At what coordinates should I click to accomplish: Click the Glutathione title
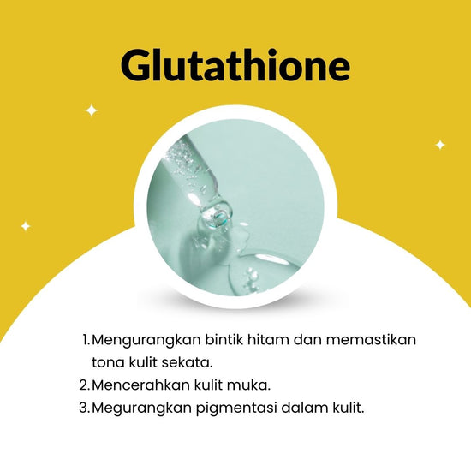coord(235,66)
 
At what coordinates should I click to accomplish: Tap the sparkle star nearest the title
coord(92,110)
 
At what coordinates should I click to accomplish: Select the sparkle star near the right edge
coord(440,145)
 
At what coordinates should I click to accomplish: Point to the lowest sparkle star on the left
coord(26,226)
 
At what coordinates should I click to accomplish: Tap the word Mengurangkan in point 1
coord(146,341)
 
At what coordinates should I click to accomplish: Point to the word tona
coord(108,362)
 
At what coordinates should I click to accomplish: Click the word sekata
coord(188,362)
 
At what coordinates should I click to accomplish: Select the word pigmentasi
coord(236,408)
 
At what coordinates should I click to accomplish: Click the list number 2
coord(85,385)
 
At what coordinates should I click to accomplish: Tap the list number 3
coord(85,408)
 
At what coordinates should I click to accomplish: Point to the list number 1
coord(86,340)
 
